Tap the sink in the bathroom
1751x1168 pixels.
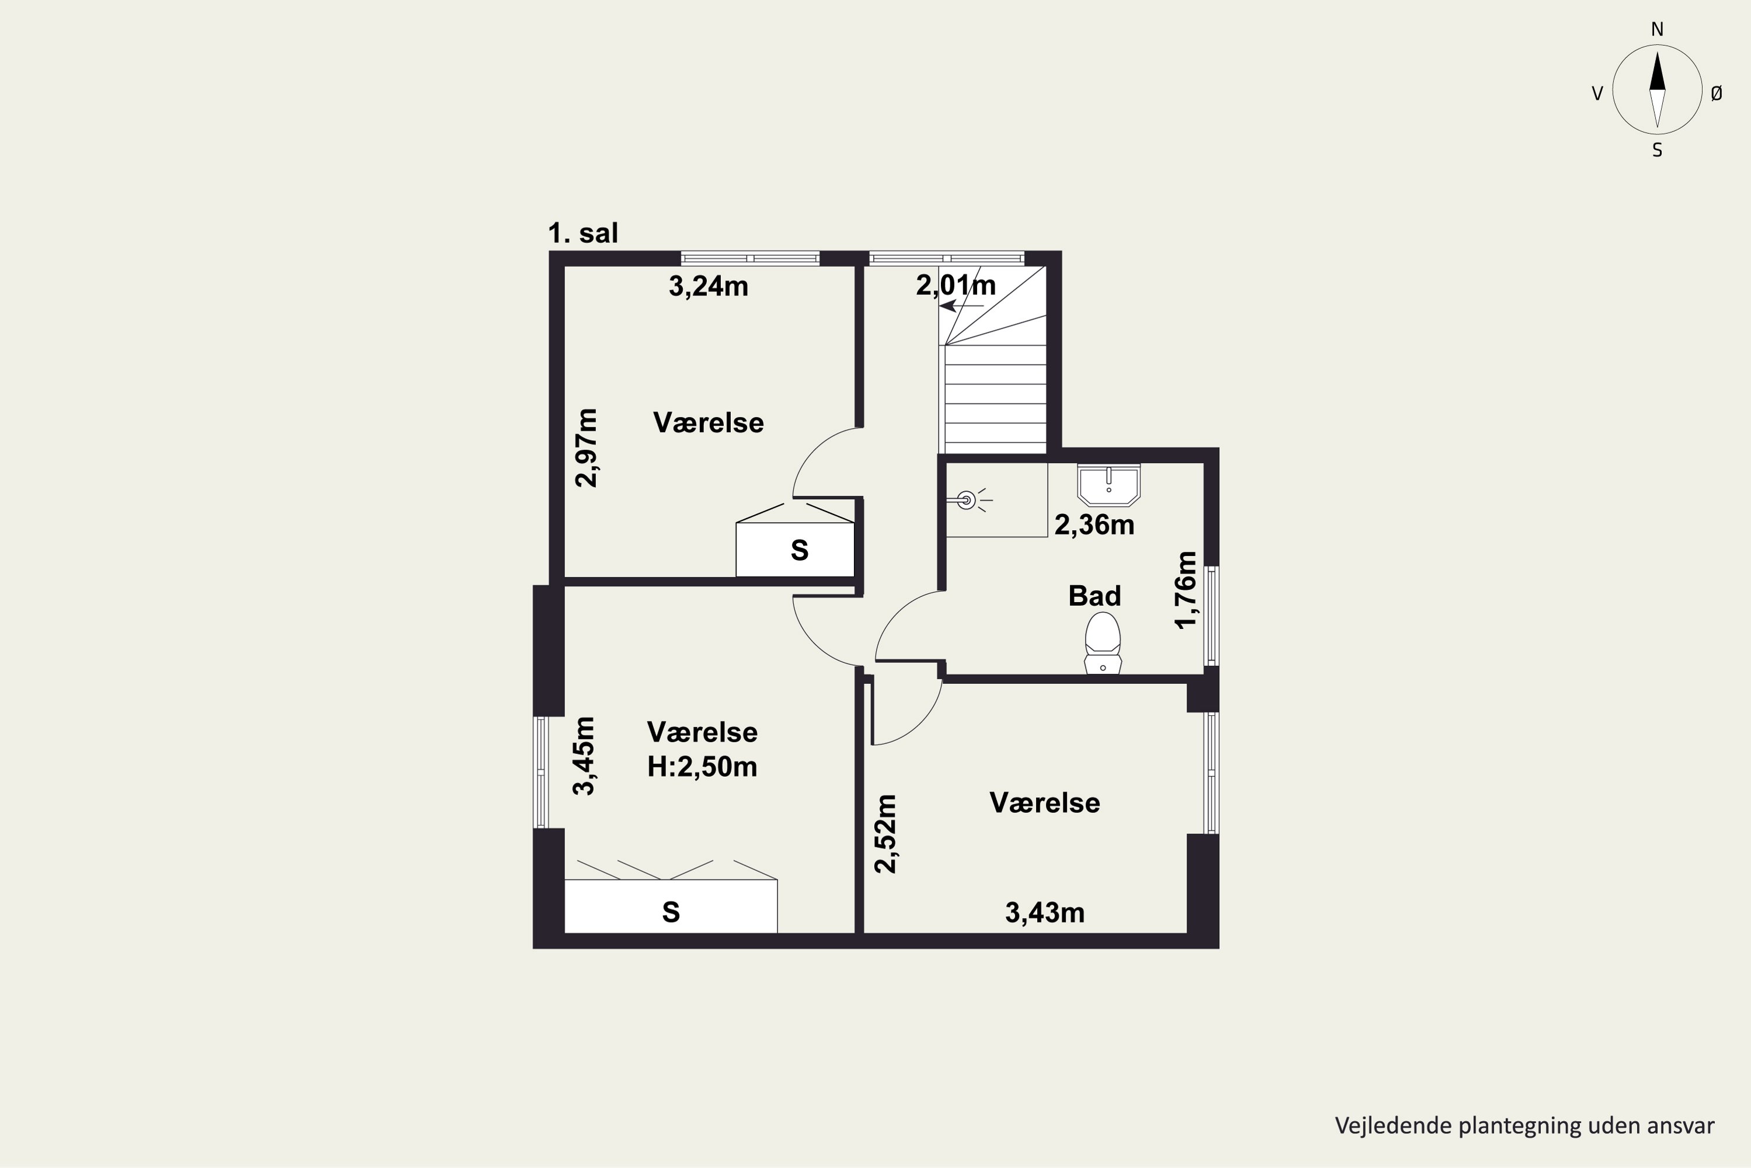pyautogui.click(x=1108, y=485)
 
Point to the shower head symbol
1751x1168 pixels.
pyautogui.click(x=967, y=500)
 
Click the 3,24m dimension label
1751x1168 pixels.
pyautogui.click(x=708, y=287)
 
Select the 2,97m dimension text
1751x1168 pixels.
pyautogui.click(x=587, y=448)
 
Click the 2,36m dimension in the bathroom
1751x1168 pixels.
pyautogui.click(x=1094, y=525)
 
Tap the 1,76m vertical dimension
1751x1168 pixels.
pyautogui.click(x=1186, y=590)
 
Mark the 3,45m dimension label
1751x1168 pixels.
pyautogui.click(x=584, y=756)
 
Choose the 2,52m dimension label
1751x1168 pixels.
pyautogui.click(x=886, y=833)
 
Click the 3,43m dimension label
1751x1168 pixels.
pyautogui.click(x=1045, y=912)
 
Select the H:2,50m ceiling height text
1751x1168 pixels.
pyautogui.click(x=702, y=766)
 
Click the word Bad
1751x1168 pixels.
pyautogui.click(x=1094, y=596)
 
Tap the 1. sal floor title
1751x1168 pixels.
pyautogui.click(x=583, y=233)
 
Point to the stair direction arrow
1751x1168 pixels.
pyautogui.click(x=962, y=305)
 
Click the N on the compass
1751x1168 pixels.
pyautogui.click(x=1657, y=30)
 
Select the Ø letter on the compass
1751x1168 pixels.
pyautogui.click(x=1717, y=93)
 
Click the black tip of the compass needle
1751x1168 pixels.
pyautogui.click(x=1657, y=52)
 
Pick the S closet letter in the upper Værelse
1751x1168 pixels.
pyautogui.click(x=800, y=551)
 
